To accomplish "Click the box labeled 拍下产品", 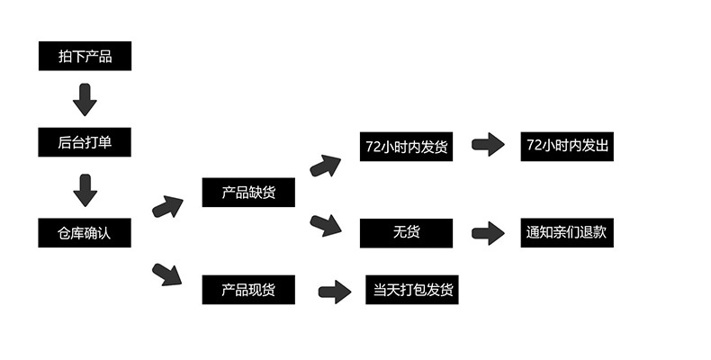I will [x=85, y=57].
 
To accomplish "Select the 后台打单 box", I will [x=85, y=142].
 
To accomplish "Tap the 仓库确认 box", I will [x=85, y=233].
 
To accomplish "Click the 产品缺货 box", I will [x=248, y=193].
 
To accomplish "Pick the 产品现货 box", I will [x=248, y=290].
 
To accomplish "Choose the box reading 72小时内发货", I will [x=406, y=146].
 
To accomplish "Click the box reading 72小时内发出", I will [x=567, y=146].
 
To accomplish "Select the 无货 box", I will [x=406, y=233].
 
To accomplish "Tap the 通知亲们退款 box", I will [x=567, y=232].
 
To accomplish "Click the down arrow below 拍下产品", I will [x=85, y=100].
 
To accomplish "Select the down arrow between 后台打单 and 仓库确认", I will [x=85, y=191].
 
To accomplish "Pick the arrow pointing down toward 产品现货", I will [x=166, y=273].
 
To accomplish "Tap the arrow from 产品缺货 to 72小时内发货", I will [x=325, y=166].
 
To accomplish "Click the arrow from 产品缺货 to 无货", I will [x=325, y=224].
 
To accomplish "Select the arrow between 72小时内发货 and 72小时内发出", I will [x=488, y=145].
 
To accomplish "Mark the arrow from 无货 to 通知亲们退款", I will [x=488, y=233].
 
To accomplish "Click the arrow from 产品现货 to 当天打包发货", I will [x=334, y=291].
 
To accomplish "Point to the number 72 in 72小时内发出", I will [x=535, y=146].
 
